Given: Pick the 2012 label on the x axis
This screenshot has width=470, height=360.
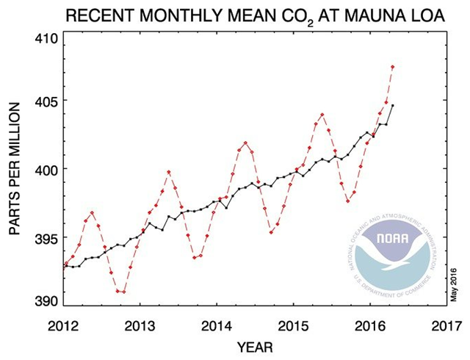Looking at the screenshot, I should pyautogui.click(x=63, y=323).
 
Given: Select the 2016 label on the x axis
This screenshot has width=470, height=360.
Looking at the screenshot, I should pyautogui.click(x=369, y=323).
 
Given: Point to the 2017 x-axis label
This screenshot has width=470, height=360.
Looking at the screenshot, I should pyautogui.click(x=446, y=323).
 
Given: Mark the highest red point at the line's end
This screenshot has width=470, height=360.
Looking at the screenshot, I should pyautogui.click(x=393, y=67).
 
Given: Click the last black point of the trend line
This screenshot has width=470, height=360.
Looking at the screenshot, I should pyautogui.click(x=392, y=106).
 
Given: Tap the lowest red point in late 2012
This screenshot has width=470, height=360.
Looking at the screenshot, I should pyautogui.click(x=123, y=292).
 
